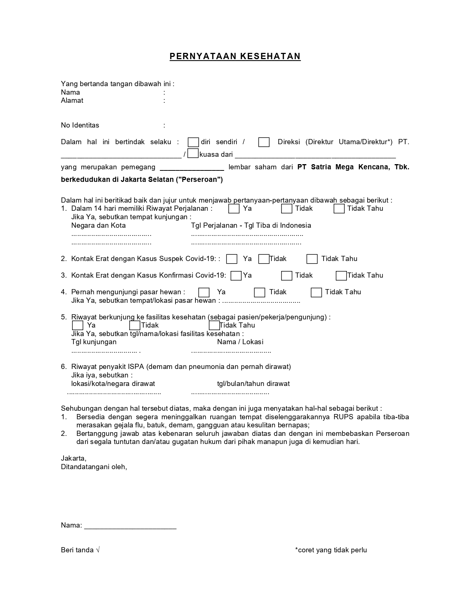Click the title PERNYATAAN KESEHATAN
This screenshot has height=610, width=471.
(x=235, y=56)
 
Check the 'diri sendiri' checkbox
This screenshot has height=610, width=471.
(x=193, y=142)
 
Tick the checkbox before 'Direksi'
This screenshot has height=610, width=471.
(x=264, y=142)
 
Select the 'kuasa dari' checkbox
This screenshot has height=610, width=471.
(x=193, y=153)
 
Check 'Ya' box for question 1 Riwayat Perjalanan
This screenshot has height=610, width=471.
(x=234, y=209)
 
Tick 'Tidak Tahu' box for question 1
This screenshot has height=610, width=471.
(x=339, y=209)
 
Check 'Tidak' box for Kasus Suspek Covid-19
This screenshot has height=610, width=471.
(x=264, y=259)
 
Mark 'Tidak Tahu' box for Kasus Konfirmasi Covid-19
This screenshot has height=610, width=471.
(x=341, y=276)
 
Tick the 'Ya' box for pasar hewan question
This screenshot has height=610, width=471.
(x=204, y=292)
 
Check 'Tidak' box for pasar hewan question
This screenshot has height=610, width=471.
(x=260, y=292)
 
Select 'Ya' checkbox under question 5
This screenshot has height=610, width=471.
(x=78, y=325)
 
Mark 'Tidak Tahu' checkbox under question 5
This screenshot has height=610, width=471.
(x=214, y=325)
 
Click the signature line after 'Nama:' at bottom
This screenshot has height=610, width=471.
(x=130, y=526)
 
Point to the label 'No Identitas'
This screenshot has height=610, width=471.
(x=80, y=125)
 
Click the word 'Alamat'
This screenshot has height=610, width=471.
(x=72, y=101)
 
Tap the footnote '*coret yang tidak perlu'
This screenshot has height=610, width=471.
(x=331, y=550)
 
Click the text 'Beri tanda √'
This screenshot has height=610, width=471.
(x=80, y=550)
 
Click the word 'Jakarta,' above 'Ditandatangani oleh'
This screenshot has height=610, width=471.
(x=74, y=458)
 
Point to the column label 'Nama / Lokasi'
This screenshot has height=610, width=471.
(x=240, y=342)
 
